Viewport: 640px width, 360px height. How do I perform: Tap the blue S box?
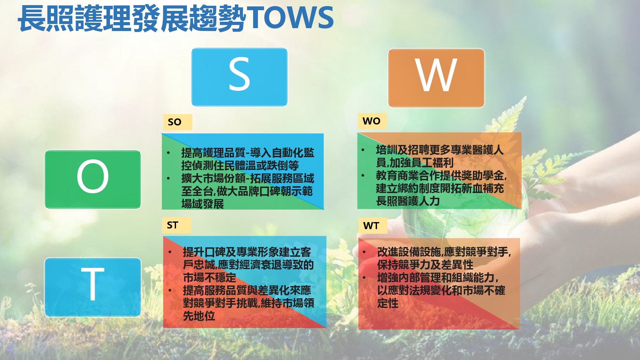coord(239,77)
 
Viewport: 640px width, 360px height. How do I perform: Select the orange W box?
coord(436,78)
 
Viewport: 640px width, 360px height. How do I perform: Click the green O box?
coord(93,179)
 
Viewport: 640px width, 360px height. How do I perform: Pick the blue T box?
coord(93,287)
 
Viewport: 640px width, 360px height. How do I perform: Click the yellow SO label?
coord(177,122)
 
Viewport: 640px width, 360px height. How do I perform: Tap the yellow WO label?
coord(372,121)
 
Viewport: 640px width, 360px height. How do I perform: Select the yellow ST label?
coord(177,225)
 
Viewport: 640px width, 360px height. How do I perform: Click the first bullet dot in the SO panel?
coord(168,153)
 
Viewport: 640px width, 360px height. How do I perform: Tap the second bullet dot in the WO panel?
coord(363,175)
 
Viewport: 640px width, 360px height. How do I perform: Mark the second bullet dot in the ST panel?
coord(170,291)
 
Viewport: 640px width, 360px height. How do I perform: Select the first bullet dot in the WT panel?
coord(364,252)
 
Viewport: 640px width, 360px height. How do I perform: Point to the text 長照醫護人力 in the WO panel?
coord(408,201)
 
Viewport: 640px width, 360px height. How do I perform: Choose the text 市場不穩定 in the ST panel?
coord(210,277)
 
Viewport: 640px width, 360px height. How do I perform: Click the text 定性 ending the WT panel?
coord(388,303)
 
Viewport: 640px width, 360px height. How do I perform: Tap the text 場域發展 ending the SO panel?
coord(203,204)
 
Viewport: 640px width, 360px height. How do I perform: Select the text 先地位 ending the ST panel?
coord(199,316)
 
